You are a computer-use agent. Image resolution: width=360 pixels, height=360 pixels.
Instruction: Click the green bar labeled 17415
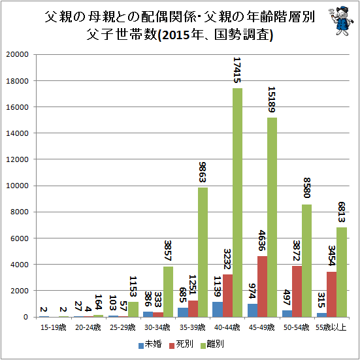pyautogui.click(x=237, y=203)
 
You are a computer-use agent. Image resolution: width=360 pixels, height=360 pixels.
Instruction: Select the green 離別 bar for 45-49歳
pyautogui.click(x=272, y=217)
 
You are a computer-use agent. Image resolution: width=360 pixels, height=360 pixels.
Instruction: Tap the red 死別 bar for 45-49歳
pyautogui.click(x=262, y=287)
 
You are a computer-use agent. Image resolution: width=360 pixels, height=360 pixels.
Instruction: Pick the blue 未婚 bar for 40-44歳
pyautogui.click(x=218, y=310)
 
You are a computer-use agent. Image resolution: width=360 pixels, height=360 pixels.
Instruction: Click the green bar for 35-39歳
pyautogui.click(x=203, y=252)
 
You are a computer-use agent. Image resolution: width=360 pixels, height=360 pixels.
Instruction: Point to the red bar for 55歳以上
pyautogui.click(x=331, y=294)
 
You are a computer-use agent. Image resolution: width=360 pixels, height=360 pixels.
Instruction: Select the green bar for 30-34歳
pyautogui.click(x=169, y=292)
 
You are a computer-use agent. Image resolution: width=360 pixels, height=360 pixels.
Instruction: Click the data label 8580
pyautogui.click(x=306, y=188)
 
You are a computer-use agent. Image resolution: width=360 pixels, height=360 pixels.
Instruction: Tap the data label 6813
pyautogui.click(x=342, y=212)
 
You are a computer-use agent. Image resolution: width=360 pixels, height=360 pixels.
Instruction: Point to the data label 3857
pyautogui.click(x=169, y=250)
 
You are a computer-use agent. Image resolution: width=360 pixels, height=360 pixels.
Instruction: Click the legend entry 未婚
pyautogui.click(x=150, y=344)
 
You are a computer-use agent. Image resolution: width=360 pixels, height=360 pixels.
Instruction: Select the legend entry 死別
pyautogui.click(x=181, y=344)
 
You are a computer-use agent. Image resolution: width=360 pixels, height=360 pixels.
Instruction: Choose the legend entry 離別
pyautogui.click(x=212, y=344)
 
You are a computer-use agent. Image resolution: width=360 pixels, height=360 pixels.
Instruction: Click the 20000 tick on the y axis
pyautogui.click(x=18, y=54)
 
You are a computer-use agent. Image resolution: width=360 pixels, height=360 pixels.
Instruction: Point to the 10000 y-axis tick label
pyautogui.click(x=18, y=186)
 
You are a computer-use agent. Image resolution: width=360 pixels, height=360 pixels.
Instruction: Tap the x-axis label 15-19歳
pyautogui.click(x=54, y=327)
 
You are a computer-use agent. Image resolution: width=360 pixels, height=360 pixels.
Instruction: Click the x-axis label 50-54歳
pyautogui.click(x=297, y=327)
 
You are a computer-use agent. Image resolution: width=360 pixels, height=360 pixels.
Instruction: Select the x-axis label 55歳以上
pyautogui.click(x=331, y=327)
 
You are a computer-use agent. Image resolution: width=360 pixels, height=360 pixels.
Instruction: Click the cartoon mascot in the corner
pyautogui.click(x=339, y=21)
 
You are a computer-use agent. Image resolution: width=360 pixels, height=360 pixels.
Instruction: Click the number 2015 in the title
pyautogui.click(x=176, y=35)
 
